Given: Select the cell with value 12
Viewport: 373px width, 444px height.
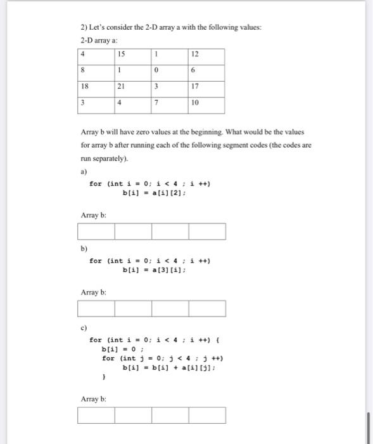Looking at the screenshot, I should coord(206,54).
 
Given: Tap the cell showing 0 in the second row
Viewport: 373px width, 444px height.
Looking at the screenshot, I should coord(170,70).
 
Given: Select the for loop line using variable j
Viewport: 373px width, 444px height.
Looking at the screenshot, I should coord(162,358).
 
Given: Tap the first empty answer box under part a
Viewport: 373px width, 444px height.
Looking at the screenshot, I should coord(96,232).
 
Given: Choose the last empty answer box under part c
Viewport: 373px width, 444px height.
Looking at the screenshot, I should coord(206,415).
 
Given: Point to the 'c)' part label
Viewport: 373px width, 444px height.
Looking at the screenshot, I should coord(83,329).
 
